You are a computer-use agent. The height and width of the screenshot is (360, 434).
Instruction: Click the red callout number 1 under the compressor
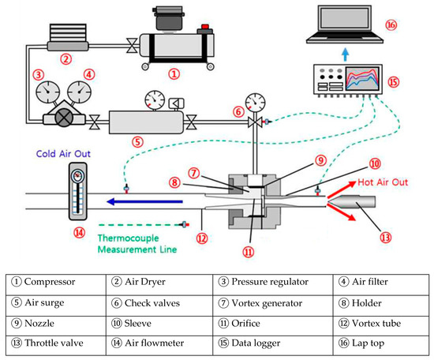pyautogui.click(x=174, y=74)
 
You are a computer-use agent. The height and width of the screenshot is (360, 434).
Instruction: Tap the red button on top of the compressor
pyautogui.click(x=205, y=27)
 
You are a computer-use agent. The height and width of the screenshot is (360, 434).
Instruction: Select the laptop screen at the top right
pyautogui.click(x=345, y=18)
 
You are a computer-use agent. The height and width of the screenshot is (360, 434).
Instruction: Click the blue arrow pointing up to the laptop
pyautogui.click(x=345, y=54)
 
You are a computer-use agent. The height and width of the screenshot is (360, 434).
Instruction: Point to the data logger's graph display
pyautogui.click(x=362, y=78)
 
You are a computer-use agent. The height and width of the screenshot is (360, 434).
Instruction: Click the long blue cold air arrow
pyautogui.click(x=144, y=201)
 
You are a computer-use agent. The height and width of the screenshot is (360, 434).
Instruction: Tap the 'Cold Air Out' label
pyautogui.click(x=63, y=154)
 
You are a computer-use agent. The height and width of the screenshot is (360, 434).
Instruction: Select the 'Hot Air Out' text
pyautogui.click(x=383, y=182)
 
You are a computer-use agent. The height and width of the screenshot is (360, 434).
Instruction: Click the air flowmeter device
pyautogui.click(x=78, y=191)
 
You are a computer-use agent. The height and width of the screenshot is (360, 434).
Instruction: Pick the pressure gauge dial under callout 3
pyautogui.click(x=48, y=92)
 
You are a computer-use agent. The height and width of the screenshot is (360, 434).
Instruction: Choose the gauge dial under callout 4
pyautogui.click(x=80, y=92)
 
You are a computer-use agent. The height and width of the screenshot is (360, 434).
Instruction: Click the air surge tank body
pyautogui.click(x=146, y=122)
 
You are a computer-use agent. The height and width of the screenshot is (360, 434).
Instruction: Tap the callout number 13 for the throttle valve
pyautogui.click(x=386, y=238)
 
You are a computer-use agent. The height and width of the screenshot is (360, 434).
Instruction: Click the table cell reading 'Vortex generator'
pyautogui.click(x=273, y=306)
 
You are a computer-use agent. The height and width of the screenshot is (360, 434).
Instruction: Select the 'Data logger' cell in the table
pyautogui.click(x=273, y=345)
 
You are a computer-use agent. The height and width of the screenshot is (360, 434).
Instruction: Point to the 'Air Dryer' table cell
pyautogui.click(x=159, y=285)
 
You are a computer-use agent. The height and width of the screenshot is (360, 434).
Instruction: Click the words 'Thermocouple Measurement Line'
pyautogui.click(x=137, y=244)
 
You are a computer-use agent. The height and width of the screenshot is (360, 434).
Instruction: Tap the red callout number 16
pyautogui.click(x=391, y=25)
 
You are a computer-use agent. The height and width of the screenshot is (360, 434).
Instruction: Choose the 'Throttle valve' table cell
pyautogui.click(x=56, y=345)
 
